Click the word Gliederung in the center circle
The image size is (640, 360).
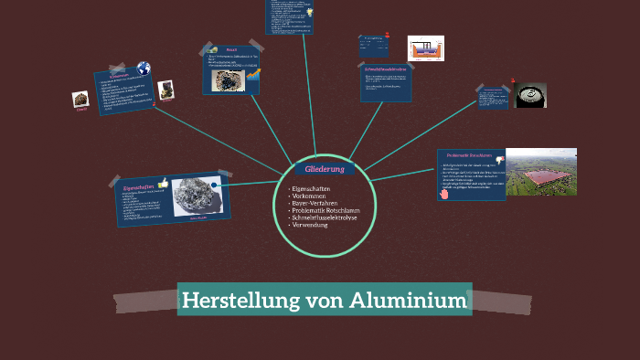324,170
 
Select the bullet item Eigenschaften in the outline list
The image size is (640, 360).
311,188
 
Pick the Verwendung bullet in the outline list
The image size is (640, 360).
313,225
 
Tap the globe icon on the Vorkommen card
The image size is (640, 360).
144,68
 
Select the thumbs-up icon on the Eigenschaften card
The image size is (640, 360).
163,183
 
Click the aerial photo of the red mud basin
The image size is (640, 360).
541,171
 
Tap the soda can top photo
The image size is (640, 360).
530,95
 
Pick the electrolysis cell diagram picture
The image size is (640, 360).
425,48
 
